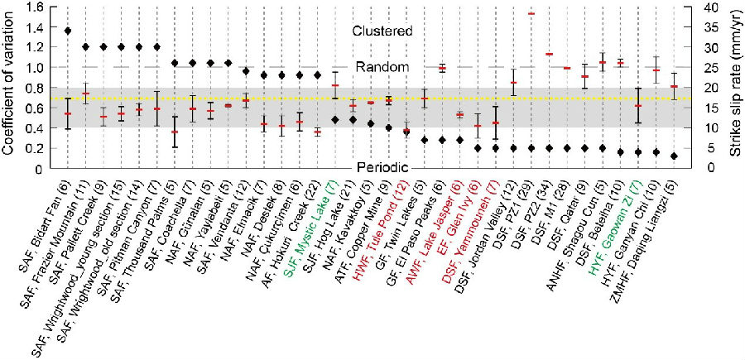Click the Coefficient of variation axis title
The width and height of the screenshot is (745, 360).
11,86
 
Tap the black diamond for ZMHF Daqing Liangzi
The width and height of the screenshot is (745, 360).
674,156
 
